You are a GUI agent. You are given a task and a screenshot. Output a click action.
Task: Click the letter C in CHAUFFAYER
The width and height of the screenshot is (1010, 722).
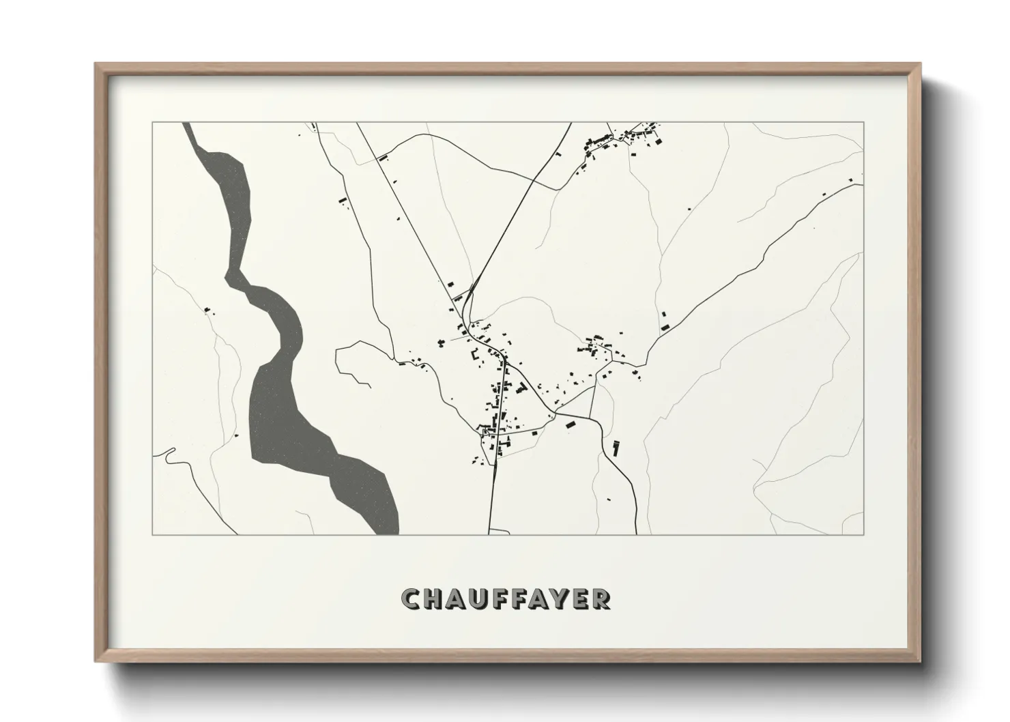coord(412,599)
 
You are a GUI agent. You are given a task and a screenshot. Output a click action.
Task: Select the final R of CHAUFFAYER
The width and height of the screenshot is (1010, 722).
coord(601,599)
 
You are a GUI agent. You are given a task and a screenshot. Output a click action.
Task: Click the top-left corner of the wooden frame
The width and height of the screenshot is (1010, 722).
coord(96,63)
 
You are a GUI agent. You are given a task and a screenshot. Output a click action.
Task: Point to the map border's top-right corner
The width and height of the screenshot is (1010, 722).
coord(864,122)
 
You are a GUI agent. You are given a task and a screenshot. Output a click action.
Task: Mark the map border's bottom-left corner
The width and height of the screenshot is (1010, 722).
coord(153,534)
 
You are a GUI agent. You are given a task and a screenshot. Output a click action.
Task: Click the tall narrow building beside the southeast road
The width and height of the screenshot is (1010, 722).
coord(616,448)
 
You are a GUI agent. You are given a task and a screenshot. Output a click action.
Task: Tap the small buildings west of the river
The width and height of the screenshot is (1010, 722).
coord(207,311)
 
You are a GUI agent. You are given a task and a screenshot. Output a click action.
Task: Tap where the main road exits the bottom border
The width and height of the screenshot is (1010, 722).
coord(489,534)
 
